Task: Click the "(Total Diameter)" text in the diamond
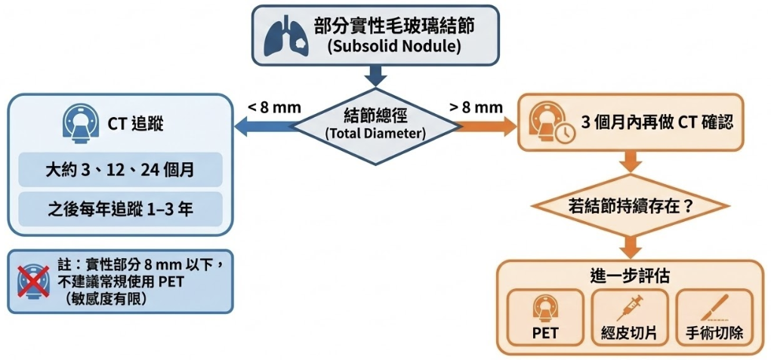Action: [375, 134]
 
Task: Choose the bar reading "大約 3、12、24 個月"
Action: [121, 170]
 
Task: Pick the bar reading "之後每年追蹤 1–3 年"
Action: [121, 208]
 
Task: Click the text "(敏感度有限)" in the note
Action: [106, 298]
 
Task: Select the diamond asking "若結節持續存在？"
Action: [630, 205]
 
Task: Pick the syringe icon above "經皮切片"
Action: [630, 308]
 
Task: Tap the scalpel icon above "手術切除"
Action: [714, 308]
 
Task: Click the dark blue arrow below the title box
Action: [375, 75]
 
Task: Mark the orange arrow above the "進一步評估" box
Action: [630, 245]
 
